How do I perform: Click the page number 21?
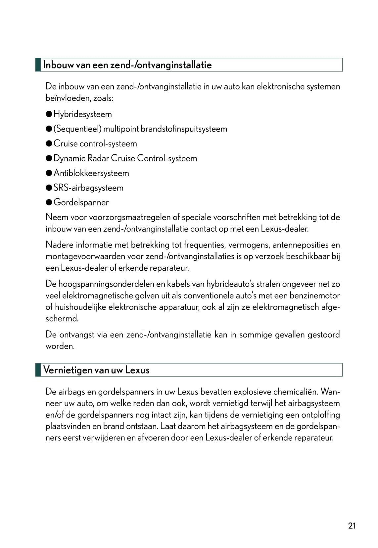pos(352,526)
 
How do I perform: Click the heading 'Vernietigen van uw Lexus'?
pos(96,370)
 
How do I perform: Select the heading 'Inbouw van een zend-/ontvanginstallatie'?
pos(127,65)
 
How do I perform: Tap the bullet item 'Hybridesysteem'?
pos(82,114)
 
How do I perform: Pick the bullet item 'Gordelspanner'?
pos(81,202)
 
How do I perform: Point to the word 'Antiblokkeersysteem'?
pos(91,173)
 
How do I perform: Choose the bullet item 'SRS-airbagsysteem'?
pos(88,188)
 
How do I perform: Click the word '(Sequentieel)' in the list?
pos(77,129)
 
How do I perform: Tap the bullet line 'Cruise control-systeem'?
pos(95,144)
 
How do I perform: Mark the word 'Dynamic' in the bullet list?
pos(70,158)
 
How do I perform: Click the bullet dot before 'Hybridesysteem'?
pos(49,114)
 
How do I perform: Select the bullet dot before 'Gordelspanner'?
pos(49,202)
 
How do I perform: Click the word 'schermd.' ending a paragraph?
pos(62,319)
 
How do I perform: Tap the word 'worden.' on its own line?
pos(60,346)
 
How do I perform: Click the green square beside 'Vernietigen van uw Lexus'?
pos(38,370)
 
